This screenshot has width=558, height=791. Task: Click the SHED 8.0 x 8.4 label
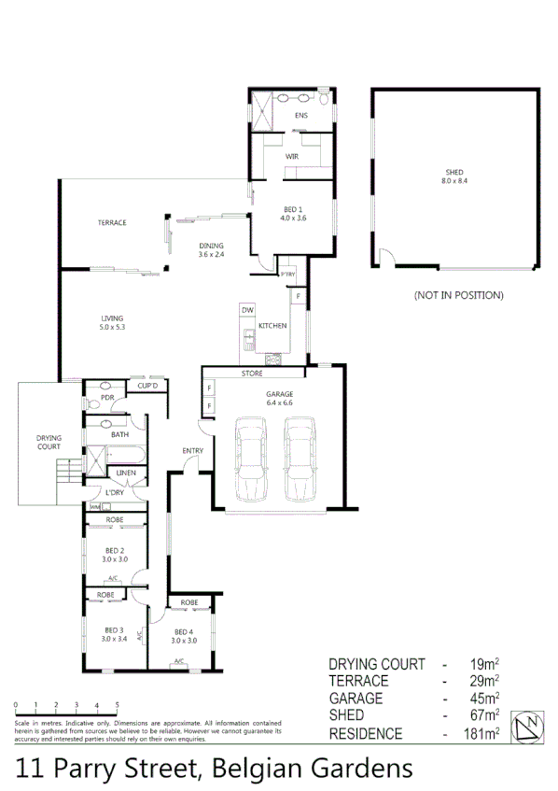pyautogui.click(x=454, y=177)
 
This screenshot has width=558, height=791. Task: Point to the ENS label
pyautogui.click(x=300, y=116)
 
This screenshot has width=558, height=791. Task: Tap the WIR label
pyautogui.click(x=291, y=155)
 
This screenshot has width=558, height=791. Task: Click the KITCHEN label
pyautogui.click(x=272, y=326)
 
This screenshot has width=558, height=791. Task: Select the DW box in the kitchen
pyautogui.click(x=247, y=309)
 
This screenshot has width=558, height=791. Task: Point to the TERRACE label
pyautogui.click(x=112, y=222)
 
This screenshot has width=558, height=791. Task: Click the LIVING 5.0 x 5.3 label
pyautogui.click(x=112, y=323)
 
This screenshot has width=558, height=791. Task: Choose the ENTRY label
pyautogui.click(x=193, y=451)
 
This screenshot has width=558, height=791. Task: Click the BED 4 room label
pyautogui.click(x=183, y=637)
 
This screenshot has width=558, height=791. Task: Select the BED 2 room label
pyautogui.click(x=116, y=555)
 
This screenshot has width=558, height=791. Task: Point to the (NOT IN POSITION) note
pyautogui.click(x=458, y=295)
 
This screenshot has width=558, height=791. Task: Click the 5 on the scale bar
pyautogui.click(x=117, y=705)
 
